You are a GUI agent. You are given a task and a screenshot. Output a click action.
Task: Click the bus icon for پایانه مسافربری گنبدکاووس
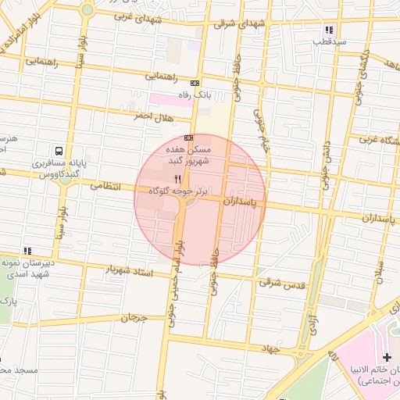tap(59, 151)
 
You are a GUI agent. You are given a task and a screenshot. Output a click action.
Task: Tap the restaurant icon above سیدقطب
tap(330, 30)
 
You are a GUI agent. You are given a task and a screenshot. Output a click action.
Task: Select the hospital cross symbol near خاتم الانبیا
tap(387, 356)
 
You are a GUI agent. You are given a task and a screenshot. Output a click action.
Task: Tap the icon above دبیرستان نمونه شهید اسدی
tap(28, 251)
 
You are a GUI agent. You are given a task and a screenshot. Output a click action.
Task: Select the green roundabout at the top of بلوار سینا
tap(87, 10)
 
